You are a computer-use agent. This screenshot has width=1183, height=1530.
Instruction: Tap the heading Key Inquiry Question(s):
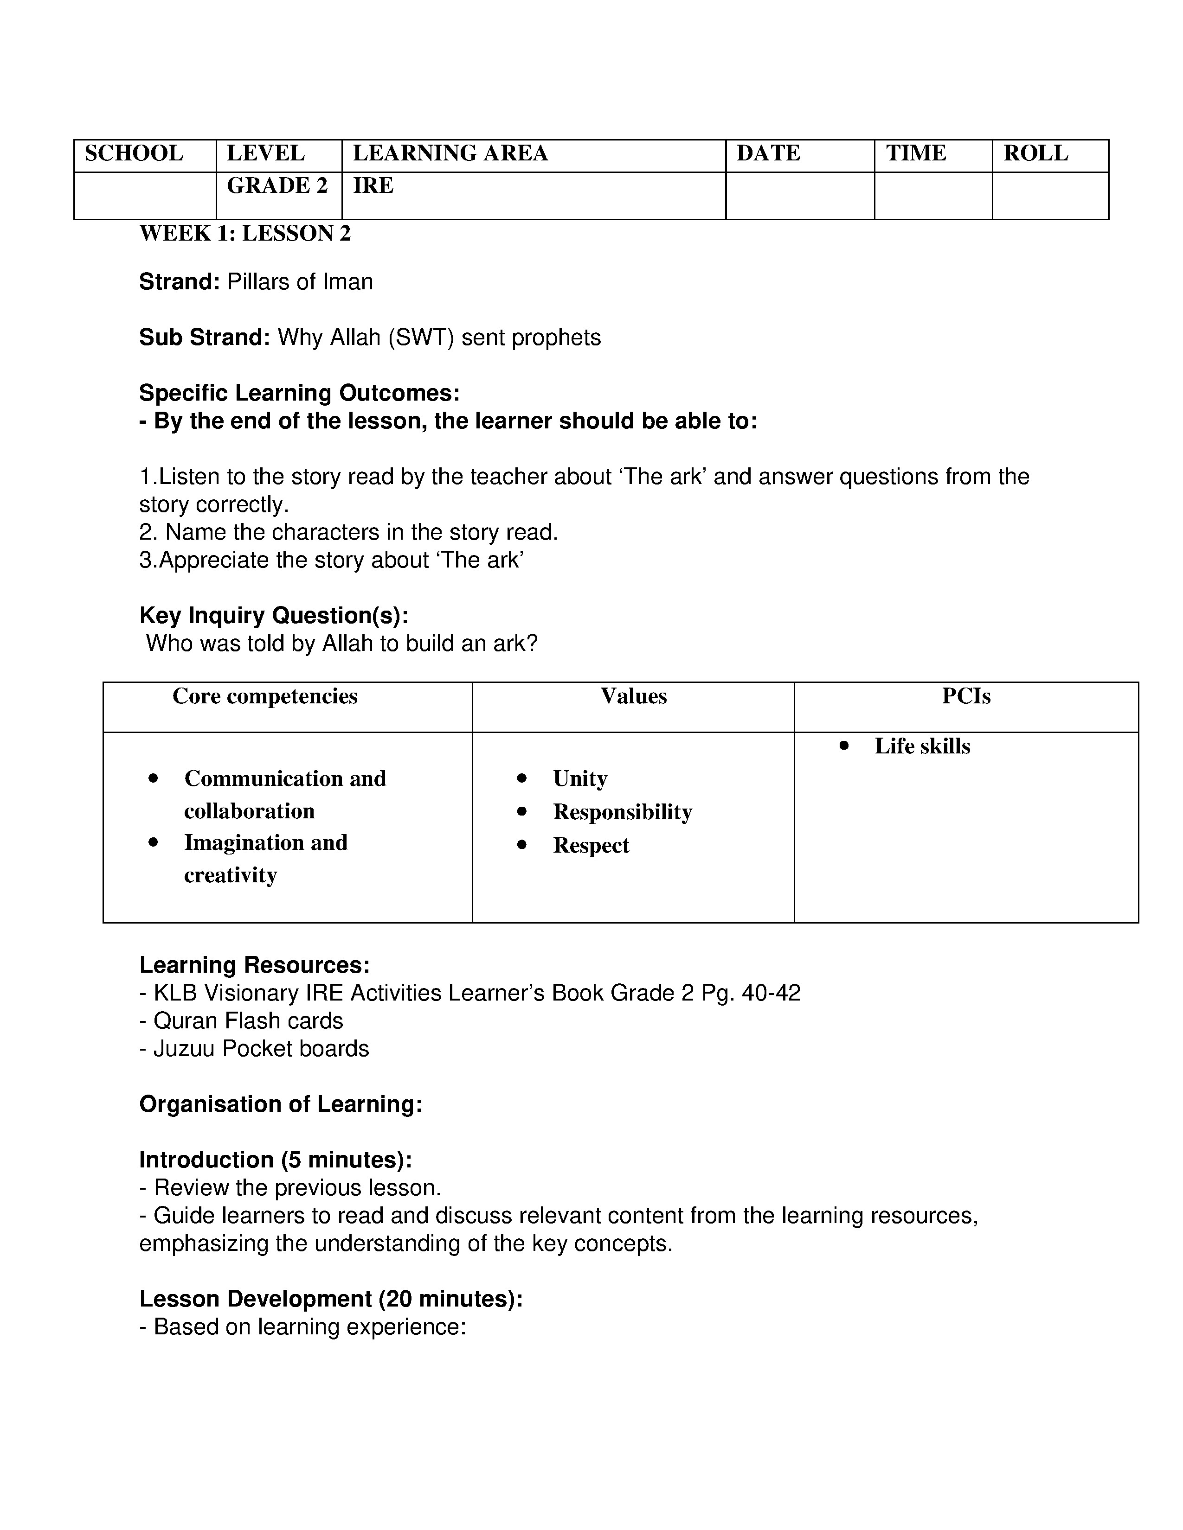273,615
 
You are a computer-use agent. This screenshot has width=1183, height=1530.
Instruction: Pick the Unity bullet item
579,778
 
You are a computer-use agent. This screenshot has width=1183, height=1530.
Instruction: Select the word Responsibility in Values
622,812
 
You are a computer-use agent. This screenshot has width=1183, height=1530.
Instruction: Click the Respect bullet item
590,846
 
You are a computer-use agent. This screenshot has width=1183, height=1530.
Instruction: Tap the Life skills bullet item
922,746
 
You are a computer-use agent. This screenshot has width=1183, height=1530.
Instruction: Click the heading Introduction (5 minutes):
276,1160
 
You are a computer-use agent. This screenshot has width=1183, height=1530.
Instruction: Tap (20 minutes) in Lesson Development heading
447,1299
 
